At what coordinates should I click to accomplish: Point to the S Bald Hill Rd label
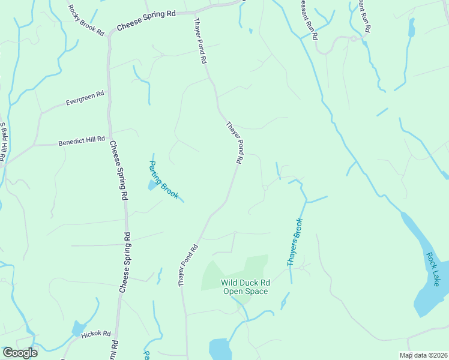3,143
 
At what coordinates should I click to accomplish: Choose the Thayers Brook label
295,242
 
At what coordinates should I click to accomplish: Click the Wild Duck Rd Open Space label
245,287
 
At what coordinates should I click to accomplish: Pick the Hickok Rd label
96,334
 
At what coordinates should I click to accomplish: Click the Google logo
20,353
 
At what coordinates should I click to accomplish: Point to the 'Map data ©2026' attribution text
423,355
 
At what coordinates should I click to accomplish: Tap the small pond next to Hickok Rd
78,328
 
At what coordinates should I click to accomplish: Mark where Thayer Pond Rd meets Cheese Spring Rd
196,12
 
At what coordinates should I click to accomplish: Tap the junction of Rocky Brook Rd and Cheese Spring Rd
109,34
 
